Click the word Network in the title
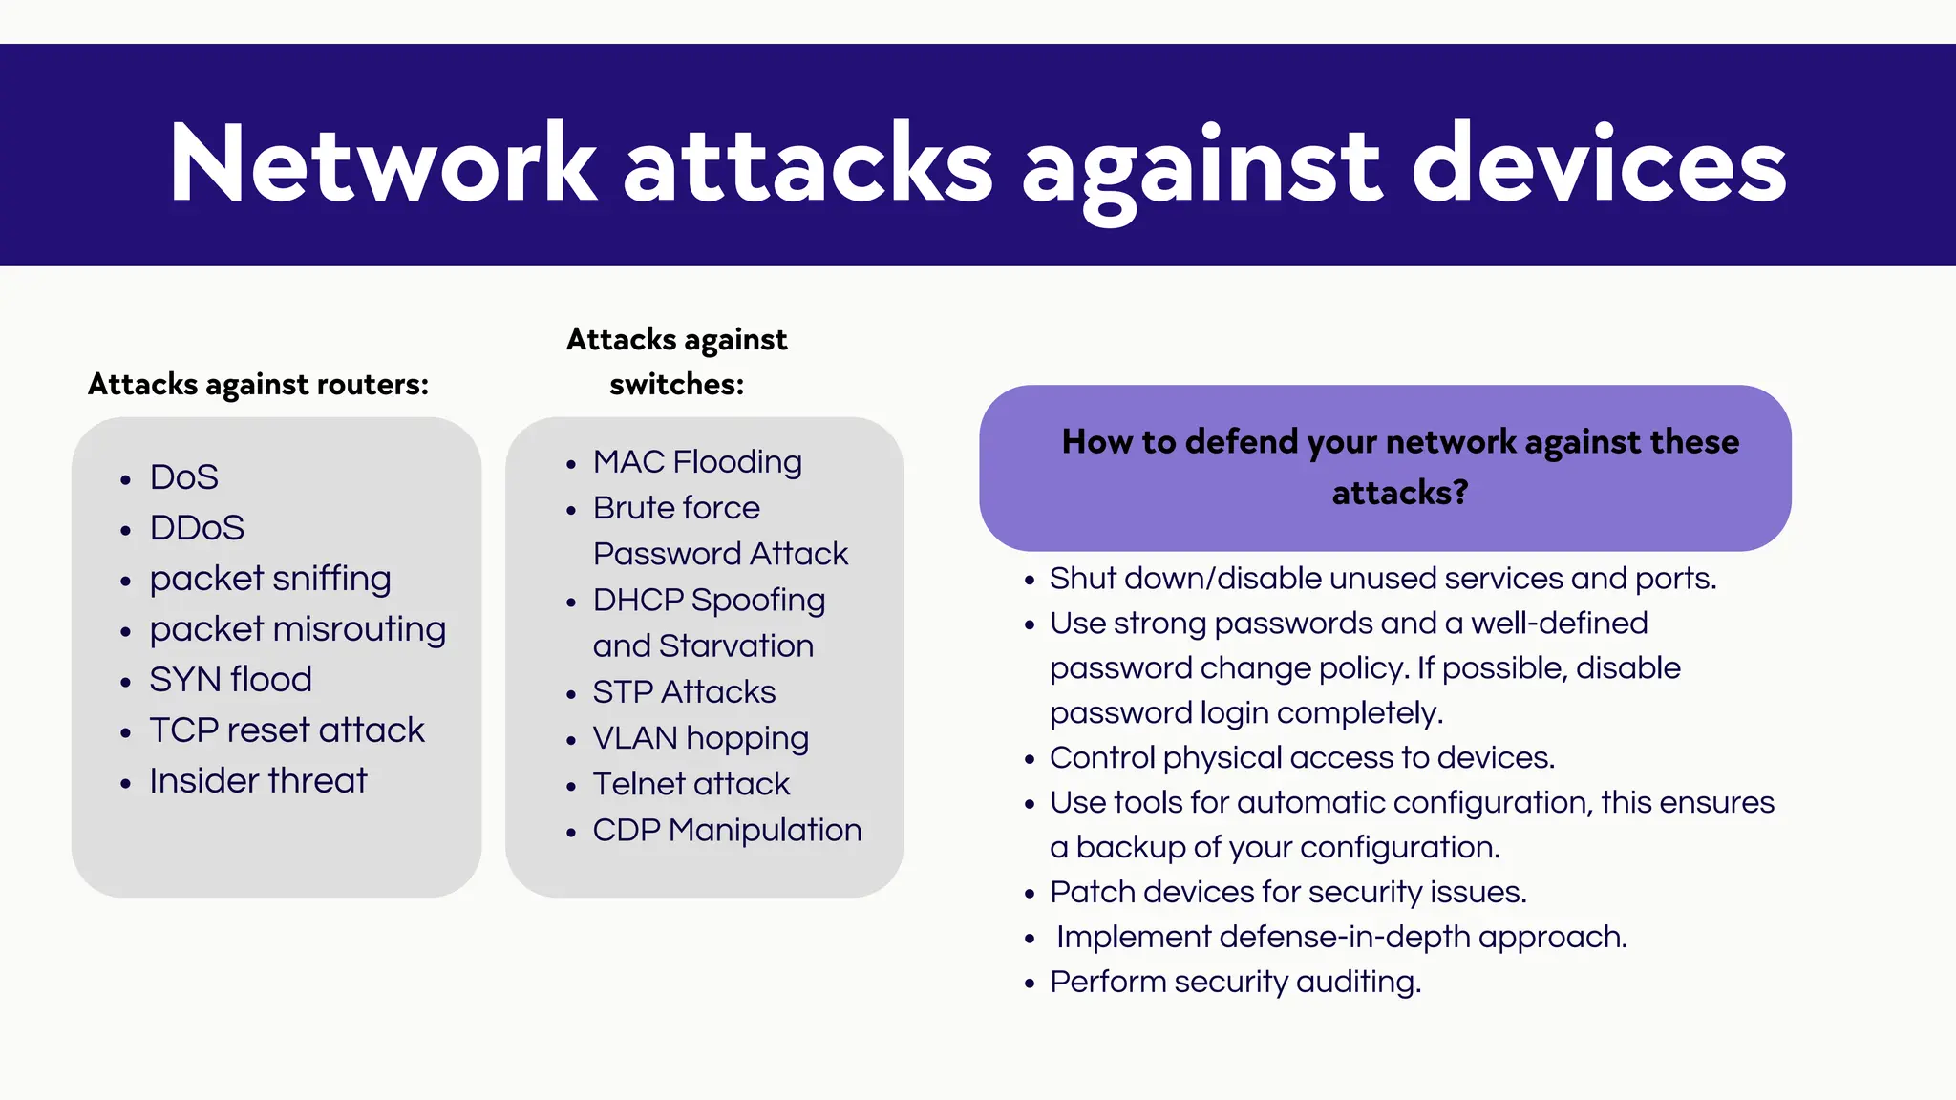coord(382,164)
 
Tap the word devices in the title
coord(1598,164)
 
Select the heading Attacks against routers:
coord(258,384)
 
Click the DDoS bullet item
coord(197,527)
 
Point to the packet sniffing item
coord(270,579)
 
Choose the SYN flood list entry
coord(230,679)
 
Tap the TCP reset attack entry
coord(287,730)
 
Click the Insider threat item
coord(258,780)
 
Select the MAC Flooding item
coord(697,461)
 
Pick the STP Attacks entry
coord(684,691)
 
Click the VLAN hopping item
coord(700,738)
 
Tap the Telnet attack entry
coord(691,784)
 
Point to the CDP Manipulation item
coord(727,830)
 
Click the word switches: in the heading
coord(676,384)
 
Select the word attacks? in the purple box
coord(1399,493)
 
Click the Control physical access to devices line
coord(1302,757)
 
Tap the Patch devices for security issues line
coord(1287,892)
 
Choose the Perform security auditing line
coord(1235,982)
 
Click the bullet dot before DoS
coord(125,480)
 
